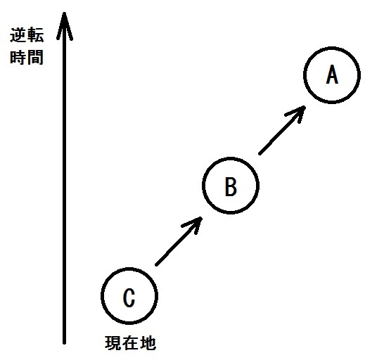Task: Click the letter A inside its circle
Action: click(332, 75)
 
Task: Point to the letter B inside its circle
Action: click(231, 186)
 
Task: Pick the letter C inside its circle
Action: click(129, 297)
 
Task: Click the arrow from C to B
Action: click(179, 241)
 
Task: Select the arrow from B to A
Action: click(282, 130)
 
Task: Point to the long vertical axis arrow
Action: click(65, 178)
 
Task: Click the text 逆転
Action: click(27, 35)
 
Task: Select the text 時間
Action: click(27, 58)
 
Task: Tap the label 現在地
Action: click(131, 343)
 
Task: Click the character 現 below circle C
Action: click(113, 343)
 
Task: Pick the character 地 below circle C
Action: click(148, 343)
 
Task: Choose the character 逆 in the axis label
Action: click(18, 35)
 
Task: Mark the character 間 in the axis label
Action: click(36, 58)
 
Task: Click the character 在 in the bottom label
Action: click(130, 343)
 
